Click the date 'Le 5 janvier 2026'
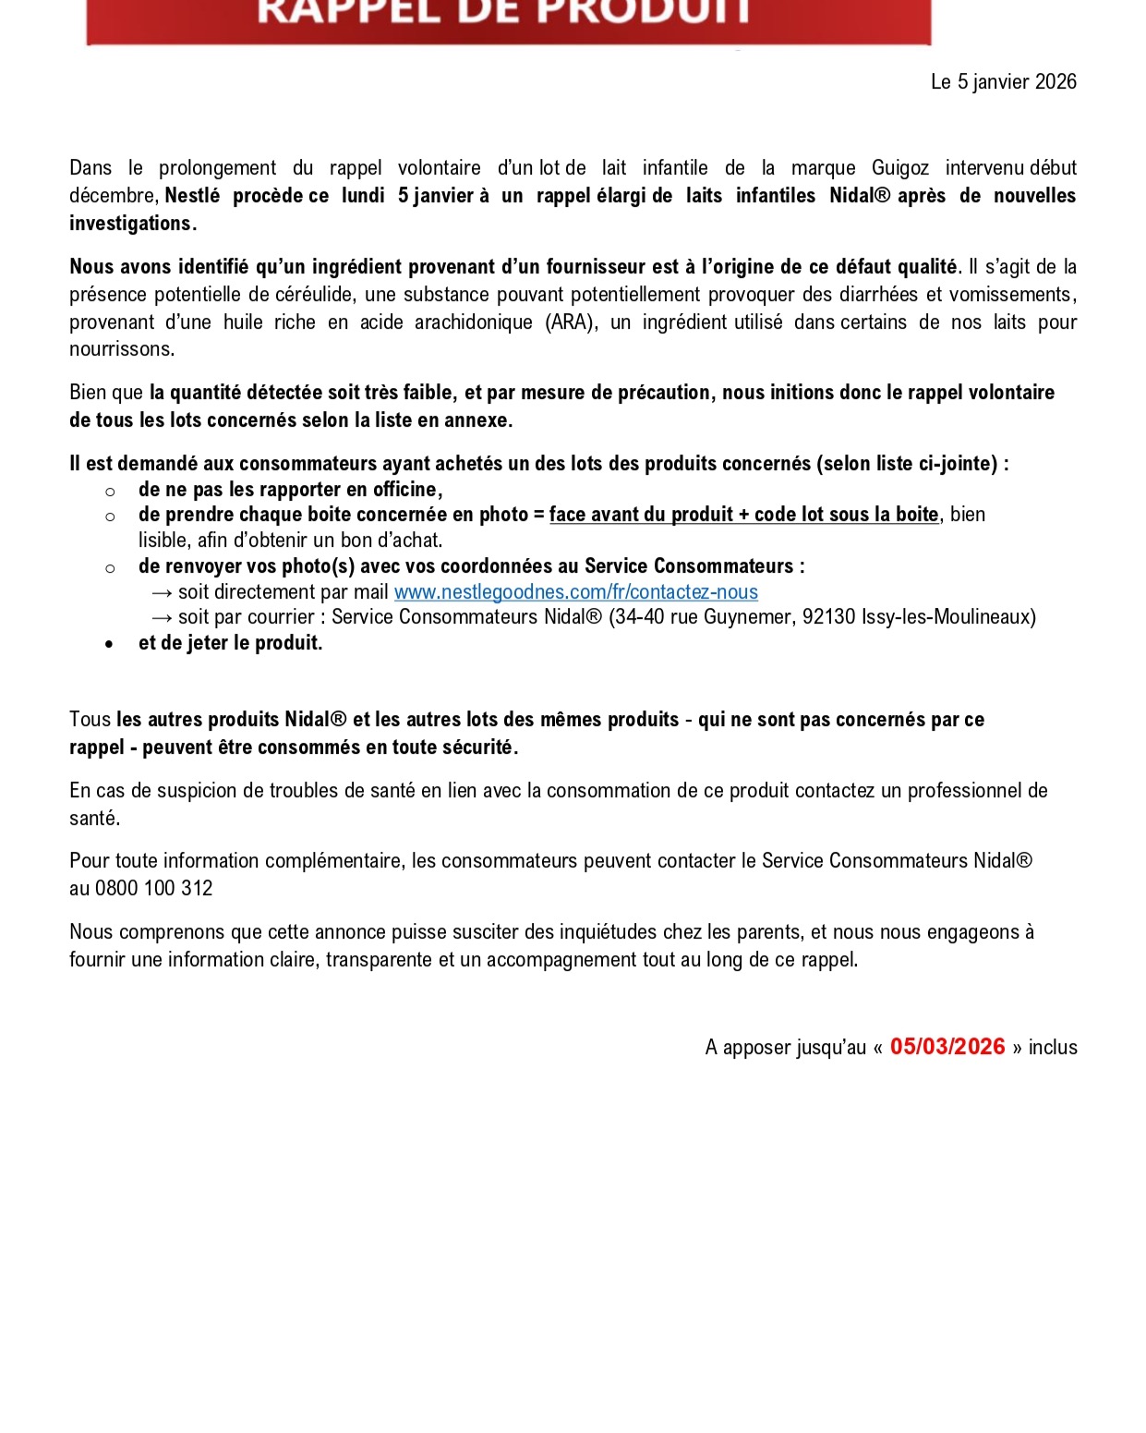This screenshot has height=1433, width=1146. tap(1003, 82)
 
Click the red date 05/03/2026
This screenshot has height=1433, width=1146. tap(947, 1047)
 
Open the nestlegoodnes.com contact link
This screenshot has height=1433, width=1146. tap(575, 592)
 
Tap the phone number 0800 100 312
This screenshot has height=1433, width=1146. tap(153, 889)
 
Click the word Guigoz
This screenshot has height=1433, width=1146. tap(899, 168)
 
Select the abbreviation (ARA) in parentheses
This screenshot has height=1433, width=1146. tap(569, 322)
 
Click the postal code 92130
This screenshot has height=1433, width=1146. tap(828, 617)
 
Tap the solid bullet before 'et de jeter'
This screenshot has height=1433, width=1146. tap(110, 644)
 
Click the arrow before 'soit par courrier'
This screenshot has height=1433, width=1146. tap(163, 617)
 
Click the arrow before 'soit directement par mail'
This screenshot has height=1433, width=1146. tap(163, 592)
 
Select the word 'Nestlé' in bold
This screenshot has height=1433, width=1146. tap(192, 196)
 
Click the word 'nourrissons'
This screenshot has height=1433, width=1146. tap(120, 349)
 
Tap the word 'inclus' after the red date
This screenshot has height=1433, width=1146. tap(1053, 1048)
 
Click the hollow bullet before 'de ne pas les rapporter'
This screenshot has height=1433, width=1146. tap(110, 492)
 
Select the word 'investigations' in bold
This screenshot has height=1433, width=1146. tap(129, 224)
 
